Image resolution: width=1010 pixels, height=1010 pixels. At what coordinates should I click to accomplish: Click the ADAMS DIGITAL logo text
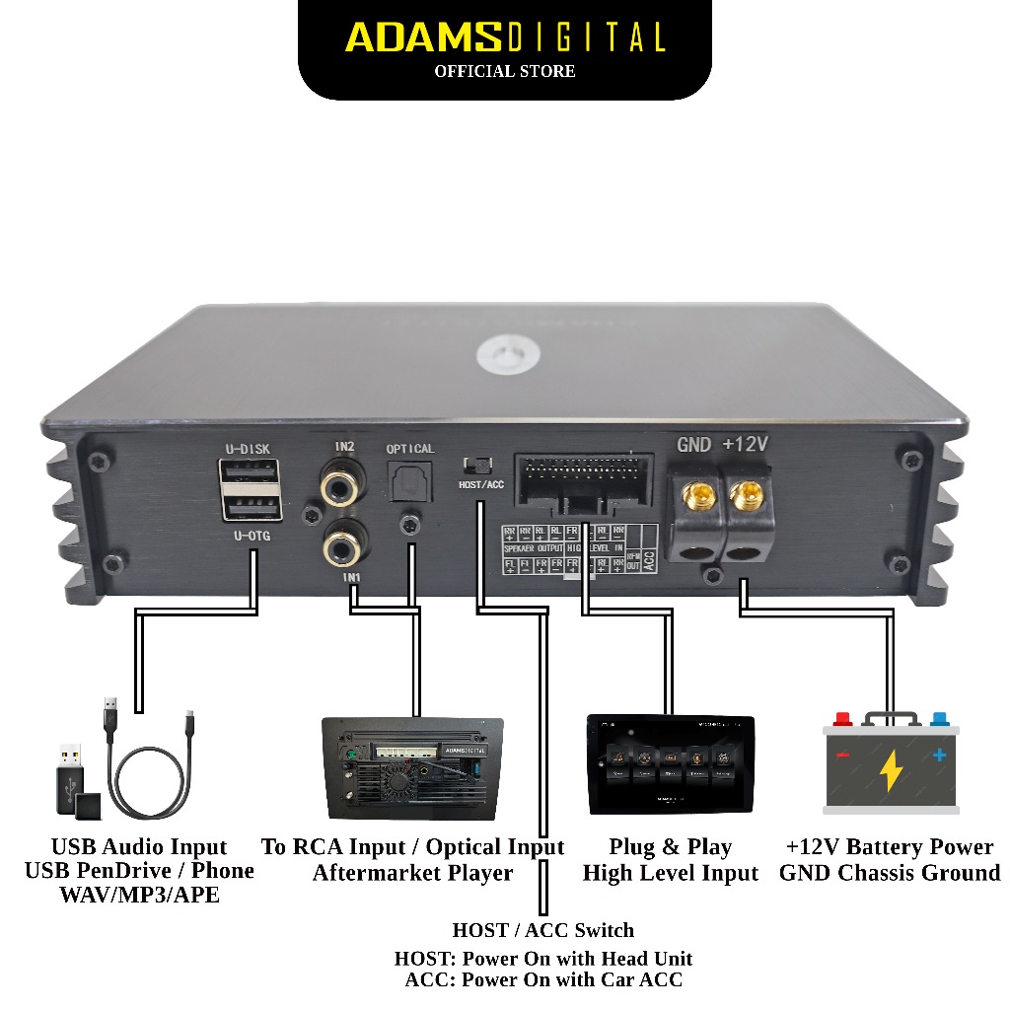coord(505,37)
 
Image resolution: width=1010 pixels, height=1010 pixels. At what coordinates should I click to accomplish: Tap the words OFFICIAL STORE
coord(505,71)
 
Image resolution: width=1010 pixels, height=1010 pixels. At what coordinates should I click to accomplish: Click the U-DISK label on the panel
coord(248,449)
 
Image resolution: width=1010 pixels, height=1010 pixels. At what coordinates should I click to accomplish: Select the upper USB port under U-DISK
coord(251,475)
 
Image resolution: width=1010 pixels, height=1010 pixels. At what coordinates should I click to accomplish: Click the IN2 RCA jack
coord(342,485)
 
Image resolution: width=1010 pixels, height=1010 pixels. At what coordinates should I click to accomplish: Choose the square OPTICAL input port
coord(408,483)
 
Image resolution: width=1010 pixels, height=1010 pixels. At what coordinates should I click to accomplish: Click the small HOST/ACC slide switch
coord(479,465)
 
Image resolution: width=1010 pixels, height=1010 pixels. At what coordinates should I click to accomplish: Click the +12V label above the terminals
coord(745,445)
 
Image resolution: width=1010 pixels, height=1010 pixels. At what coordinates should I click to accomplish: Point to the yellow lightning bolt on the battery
coord(891,770)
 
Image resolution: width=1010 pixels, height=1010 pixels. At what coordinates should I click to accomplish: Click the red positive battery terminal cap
coord(842,720)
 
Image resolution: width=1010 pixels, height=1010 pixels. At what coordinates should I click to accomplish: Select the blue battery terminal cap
coord(938,720)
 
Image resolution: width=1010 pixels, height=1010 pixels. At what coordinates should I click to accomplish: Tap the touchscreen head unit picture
coord(671,764)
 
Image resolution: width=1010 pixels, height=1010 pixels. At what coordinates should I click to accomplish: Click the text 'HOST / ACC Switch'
coord(543,930)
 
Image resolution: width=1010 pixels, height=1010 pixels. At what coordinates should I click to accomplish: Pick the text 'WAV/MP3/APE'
coord(139,896)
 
